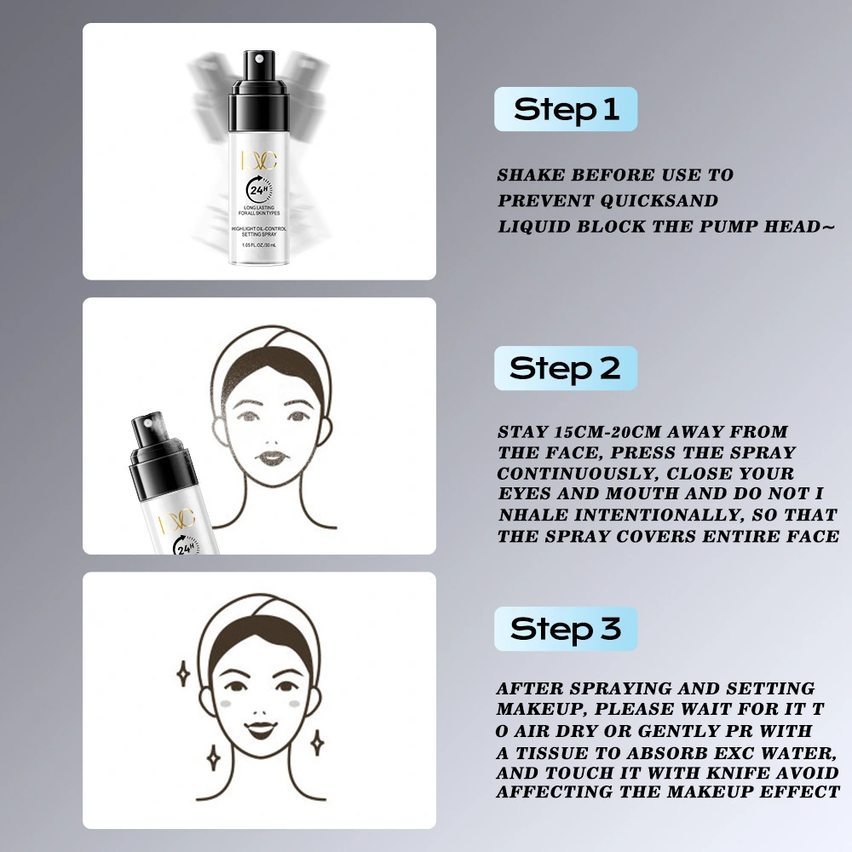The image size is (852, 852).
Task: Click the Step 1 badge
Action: [566, 109]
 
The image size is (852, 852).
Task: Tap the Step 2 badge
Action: [566, 368]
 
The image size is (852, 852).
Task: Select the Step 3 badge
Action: [566, 629]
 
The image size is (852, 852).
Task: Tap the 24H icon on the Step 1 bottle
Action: [258, 190]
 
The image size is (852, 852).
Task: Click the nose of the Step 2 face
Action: [273, 433]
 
